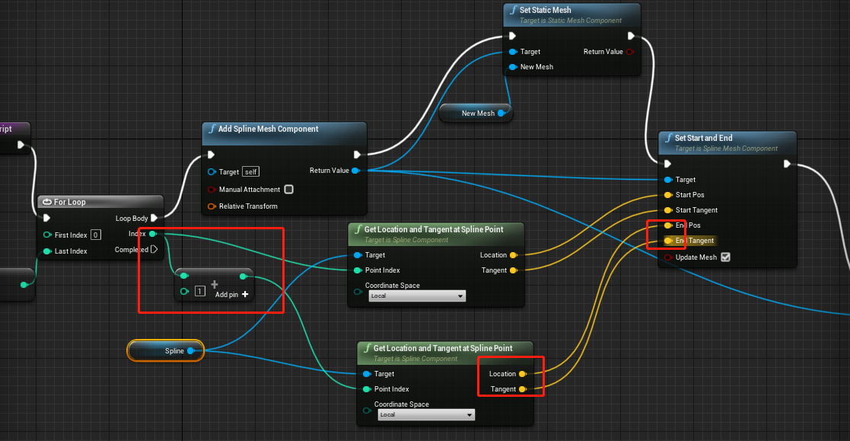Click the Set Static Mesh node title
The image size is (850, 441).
[x=545, y=10]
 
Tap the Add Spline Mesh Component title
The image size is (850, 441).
[x=268, y=129]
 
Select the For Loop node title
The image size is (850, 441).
[x=69, y=202]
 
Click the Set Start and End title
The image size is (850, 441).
[x=703, y=138]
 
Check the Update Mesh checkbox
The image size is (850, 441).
[x=725, y=257]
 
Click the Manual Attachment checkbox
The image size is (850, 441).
[x=288, y=189]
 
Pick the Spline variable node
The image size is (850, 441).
[x=166, y=350]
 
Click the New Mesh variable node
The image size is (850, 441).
[x=477, y=113]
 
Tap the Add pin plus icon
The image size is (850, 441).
[x=245, y=294]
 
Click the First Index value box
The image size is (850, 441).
[x=96, y=235]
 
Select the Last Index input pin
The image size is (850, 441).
[x=47, y=251]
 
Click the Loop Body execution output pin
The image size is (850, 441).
[x=154, y=219]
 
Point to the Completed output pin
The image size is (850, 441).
[x=154, y=249]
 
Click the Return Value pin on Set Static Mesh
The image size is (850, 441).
[x=629, y=52]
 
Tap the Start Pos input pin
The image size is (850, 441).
[x=668, y=195]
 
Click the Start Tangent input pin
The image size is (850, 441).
[x=668, y=210]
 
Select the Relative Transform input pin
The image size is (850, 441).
[x=212, y=206]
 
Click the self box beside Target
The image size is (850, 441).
[x=251, y=172]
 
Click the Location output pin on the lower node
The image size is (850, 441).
[x=522, y=374]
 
